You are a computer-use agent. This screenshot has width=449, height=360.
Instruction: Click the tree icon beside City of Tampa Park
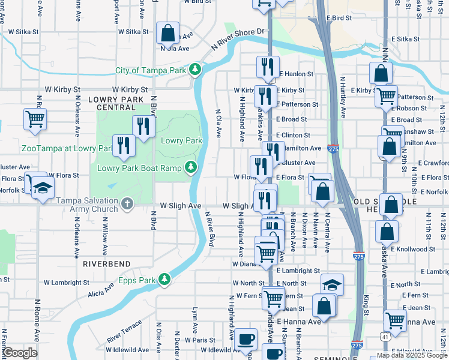coord(195,70)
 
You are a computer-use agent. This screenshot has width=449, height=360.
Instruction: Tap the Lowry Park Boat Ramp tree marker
coord(191,166)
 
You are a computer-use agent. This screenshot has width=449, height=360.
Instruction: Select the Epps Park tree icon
coord(164,279)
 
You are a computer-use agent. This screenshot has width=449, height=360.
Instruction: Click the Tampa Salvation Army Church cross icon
coord(127,204)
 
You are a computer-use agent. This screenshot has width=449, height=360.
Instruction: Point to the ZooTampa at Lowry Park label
coord(59,148)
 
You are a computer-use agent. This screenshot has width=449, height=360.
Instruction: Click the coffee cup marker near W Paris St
coord(245,338)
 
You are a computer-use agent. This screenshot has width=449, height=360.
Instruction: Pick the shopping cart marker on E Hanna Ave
coord(394,320)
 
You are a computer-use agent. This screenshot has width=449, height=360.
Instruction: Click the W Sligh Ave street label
coord(180,205)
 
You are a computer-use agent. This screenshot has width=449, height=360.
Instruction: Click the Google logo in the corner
coord(20,352)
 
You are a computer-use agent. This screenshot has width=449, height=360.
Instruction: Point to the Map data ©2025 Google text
coord(412,355)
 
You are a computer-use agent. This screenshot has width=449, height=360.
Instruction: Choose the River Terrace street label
coord(124,331)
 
